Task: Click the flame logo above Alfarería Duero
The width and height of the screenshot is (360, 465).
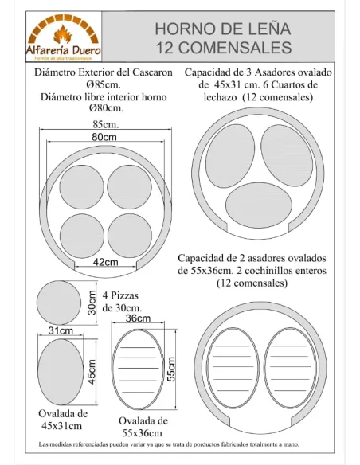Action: [61, 34]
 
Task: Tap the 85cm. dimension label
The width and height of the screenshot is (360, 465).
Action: [106, 125]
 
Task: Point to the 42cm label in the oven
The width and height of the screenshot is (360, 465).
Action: [106, 262]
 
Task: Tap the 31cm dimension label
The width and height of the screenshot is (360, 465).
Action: [61, 330]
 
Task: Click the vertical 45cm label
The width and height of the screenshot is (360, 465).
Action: [92, 371]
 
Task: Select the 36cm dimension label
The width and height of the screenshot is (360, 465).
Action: [139, 318]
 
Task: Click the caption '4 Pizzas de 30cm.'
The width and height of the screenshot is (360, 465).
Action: [123, 301]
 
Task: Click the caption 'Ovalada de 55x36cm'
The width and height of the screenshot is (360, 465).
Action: [143, 425]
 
